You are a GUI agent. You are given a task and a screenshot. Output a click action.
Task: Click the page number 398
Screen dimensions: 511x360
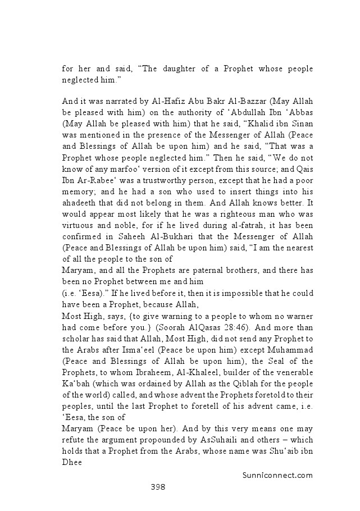[157, 486]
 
